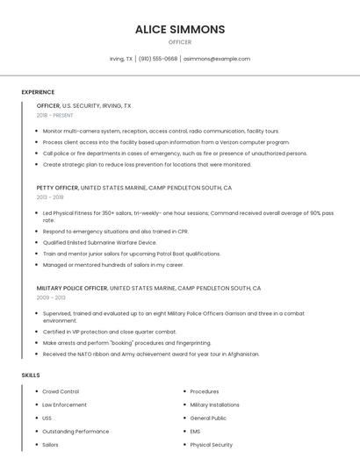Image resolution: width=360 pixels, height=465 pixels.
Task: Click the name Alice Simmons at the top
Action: point(180,29)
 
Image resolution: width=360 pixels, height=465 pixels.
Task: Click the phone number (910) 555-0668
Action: point(158,59)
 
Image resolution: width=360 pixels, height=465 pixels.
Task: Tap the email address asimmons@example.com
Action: point(217,59)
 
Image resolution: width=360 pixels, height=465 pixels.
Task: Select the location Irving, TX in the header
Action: point(121,59)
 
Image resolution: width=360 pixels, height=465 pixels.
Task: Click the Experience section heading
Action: point(38,91)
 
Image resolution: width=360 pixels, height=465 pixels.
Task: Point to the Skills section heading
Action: point(31,375)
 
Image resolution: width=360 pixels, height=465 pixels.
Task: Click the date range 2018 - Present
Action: point(55,115)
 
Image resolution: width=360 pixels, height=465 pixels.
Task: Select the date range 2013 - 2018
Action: point(50,197)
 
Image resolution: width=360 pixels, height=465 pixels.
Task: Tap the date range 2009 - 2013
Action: point(50,297)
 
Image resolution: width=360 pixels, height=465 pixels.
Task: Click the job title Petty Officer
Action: point(57,188)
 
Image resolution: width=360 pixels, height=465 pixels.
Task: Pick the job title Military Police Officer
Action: point(72,288)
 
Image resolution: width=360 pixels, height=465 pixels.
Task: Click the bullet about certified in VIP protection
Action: point(109,332)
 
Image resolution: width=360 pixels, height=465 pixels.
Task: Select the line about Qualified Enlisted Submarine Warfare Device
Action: point(99,242)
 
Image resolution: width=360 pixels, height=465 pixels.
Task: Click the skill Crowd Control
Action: point(61,391)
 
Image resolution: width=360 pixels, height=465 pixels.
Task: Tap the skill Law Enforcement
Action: point(64,404)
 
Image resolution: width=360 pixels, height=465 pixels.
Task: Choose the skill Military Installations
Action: point(214,404)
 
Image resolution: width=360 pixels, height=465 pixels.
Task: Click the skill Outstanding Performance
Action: point(76,432)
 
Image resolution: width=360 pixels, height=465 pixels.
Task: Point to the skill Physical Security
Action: point(211,445)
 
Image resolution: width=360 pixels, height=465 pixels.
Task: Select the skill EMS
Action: point(196,432)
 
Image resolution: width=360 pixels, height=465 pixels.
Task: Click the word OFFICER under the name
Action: point(180,42)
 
